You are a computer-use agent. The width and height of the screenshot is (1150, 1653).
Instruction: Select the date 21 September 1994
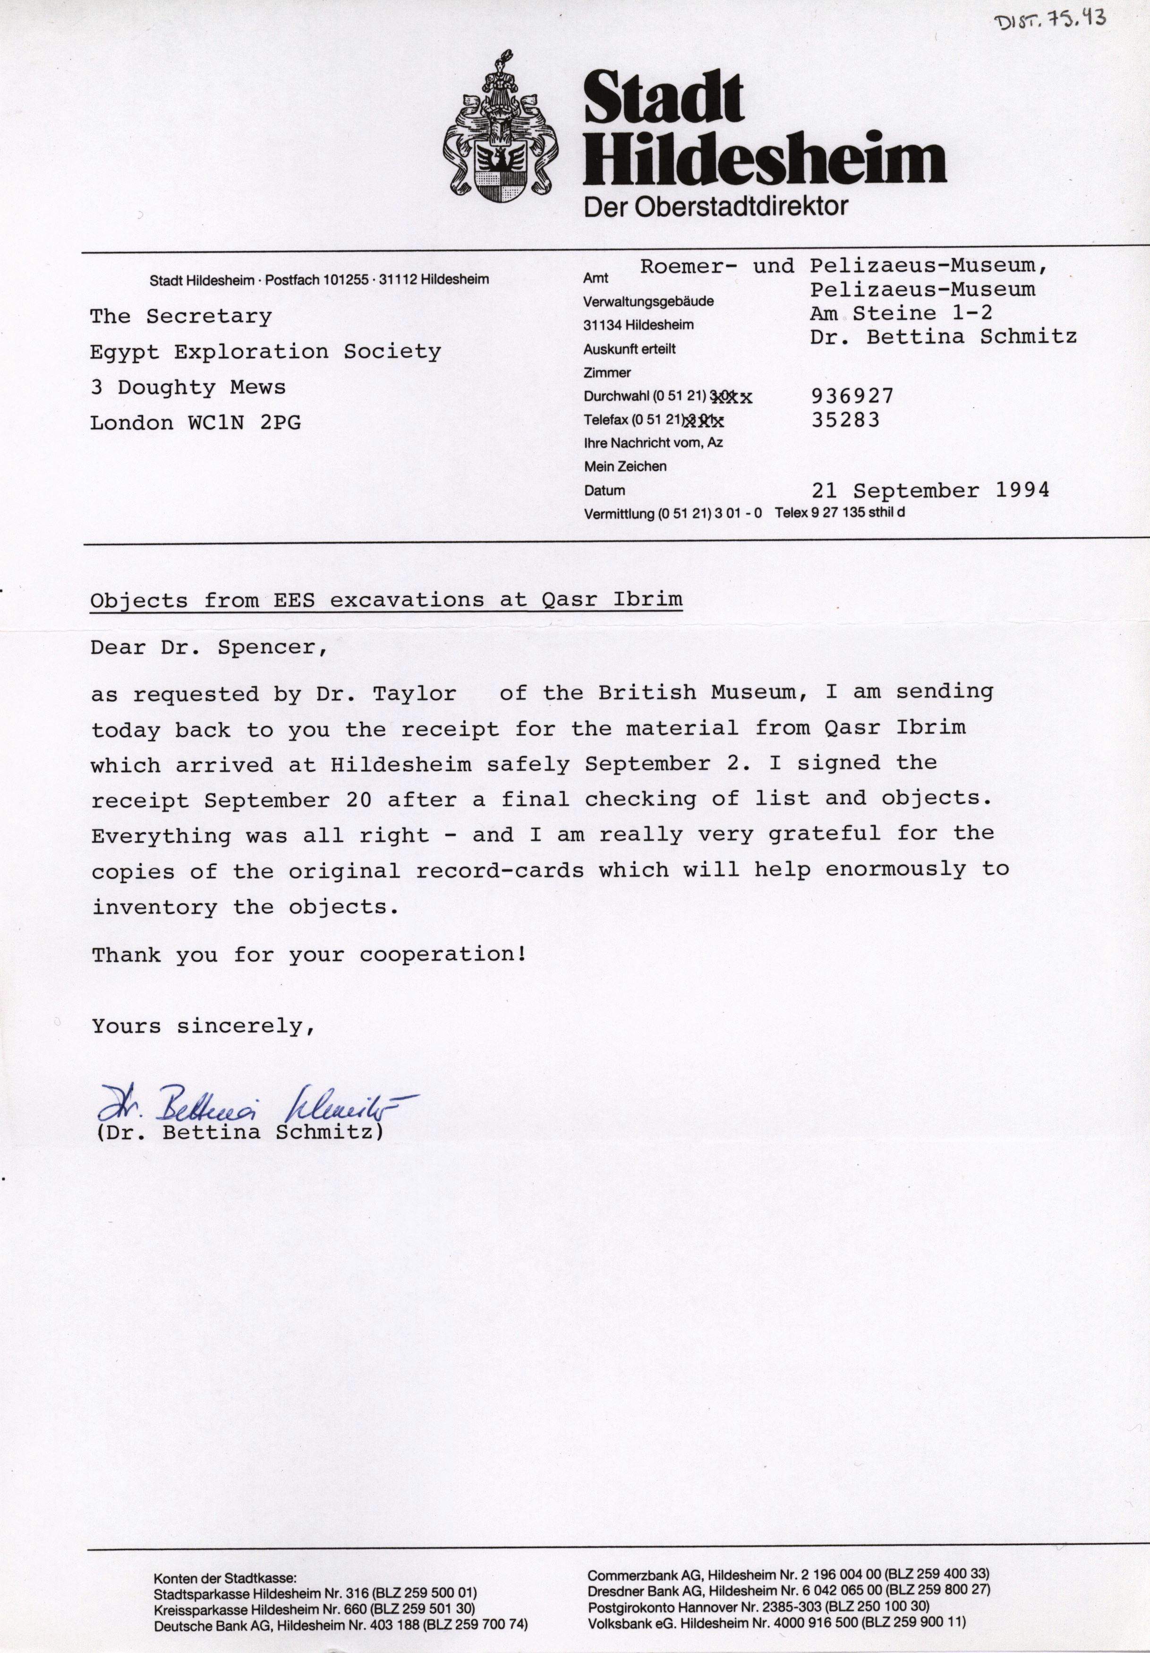(x=930, y=491)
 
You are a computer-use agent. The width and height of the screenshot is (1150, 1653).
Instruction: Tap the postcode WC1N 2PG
(x=245, y=423)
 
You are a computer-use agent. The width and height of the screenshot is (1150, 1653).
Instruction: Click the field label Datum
(x=605, y=491)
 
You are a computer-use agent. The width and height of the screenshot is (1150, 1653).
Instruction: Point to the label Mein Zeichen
(x=625, y=466)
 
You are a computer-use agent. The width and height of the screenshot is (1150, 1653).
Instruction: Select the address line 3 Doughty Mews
(x=188, y=387)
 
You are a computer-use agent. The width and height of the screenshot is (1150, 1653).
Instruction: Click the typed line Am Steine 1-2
(x=901, y=314)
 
